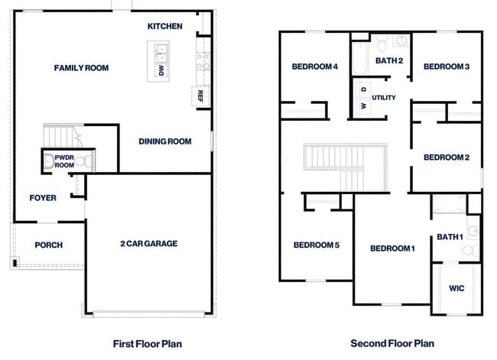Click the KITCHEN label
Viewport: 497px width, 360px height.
pos(165,26)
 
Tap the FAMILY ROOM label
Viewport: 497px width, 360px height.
pos(81,68)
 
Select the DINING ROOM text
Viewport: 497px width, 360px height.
pos(164,141)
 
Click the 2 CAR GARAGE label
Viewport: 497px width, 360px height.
pos(148,244)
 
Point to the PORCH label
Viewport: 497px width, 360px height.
pos(49,245)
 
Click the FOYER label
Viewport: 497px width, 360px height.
pos(43,198)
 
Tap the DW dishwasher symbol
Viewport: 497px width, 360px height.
pos(161,70)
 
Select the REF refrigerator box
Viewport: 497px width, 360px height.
pos(200,96)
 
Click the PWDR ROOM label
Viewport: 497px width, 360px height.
pos(64,161)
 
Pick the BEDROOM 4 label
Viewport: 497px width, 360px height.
pos(315,66)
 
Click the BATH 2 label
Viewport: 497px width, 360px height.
pos(389,60)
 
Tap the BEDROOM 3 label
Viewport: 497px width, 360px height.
pos(447,66)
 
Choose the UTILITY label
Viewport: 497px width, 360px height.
pos(384,98)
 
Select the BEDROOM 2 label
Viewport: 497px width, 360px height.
pos(447,157)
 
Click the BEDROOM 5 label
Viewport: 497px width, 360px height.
pos(317,245)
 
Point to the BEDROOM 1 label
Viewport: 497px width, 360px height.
pos(392,248)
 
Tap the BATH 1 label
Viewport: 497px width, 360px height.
pos(450,238)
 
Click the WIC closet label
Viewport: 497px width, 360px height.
pos(456,288)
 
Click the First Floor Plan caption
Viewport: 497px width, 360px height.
pos(148,344)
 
